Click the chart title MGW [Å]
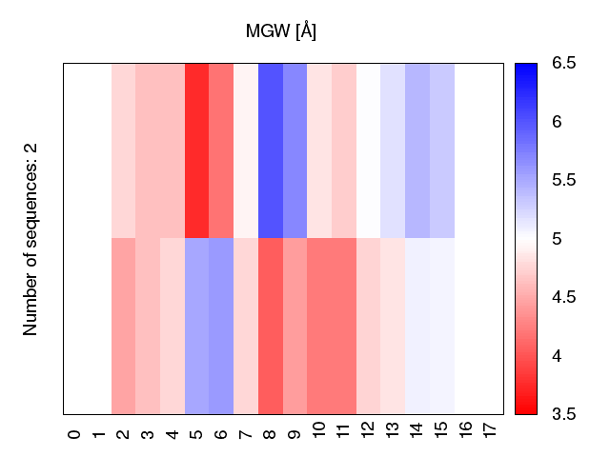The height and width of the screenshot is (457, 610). [x=281, y=31]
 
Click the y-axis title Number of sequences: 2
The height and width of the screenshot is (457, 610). [x=30, y=239]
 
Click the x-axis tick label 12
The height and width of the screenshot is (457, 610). [x=368, y=429]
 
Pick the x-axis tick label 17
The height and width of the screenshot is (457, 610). [x=490, y=429]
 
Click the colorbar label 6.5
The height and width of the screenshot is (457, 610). [x=563, y=63]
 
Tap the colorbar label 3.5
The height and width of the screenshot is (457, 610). [x=563, y=414]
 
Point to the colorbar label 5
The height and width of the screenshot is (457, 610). [x=557, y=239]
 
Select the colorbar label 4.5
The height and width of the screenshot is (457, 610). [x=563, y=297]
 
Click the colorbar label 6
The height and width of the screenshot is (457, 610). [x=557, y=122]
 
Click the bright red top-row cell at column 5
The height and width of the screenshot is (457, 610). [x=197, y=150]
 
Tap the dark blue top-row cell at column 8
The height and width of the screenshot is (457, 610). [x=271, y=150]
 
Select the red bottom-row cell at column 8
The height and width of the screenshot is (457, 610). [x=271, y=326]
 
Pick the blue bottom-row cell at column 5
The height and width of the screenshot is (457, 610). [x=197, y=326]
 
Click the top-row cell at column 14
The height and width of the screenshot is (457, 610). [x=417, y=150]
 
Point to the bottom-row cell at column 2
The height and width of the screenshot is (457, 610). [x=123, y=326]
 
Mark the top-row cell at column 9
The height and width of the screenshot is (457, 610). [x=295, y=150]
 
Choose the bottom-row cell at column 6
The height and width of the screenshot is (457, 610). [x=221, y=326]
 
